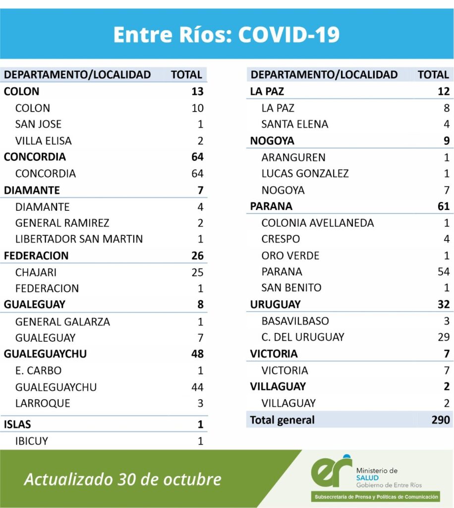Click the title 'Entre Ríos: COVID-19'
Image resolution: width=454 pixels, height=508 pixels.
click(x=227, y=35)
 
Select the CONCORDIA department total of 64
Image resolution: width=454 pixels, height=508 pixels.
click(x=197, y=157)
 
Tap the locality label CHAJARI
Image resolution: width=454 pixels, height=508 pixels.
click(x=36, y=272)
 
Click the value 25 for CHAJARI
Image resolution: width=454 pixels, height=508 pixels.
click(x=197, y=272)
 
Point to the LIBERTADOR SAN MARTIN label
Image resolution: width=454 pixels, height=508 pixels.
click(x=79, y=239)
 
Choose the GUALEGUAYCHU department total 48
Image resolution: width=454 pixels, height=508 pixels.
click(x=197, y=354)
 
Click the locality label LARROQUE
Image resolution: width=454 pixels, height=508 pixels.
click(x=43, y=403)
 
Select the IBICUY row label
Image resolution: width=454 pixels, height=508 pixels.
click(x=32, y=441)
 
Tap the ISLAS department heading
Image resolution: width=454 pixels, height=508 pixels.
click(x=17, y=424)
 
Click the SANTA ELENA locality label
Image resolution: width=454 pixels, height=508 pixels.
click(x=295, y=124)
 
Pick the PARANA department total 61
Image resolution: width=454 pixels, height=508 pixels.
click(x=443, y=206)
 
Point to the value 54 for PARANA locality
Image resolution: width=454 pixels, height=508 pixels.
click(x=443, y=272)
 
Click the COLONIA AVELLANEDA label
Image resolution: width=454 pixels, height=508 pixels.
click(x=318, y=223)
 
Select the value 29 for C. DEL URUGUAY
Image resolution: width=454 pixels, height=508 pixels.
click(x=444, y=337)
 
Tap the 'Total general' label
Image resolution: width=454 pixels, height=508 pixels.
click(x=282, y=420)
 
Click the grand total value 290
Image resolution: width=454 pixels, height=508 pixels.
click(x=441, y=420)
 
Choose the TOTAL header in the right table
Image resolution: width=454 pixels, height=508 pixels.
click(x=433, y=75)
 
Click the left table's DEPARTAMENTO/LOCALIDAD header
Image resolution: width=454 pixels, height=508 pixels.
click(x=77, y=75)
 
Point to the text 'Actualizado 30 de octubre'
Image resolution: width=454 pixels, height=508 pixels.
click(x=123, y=479)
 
